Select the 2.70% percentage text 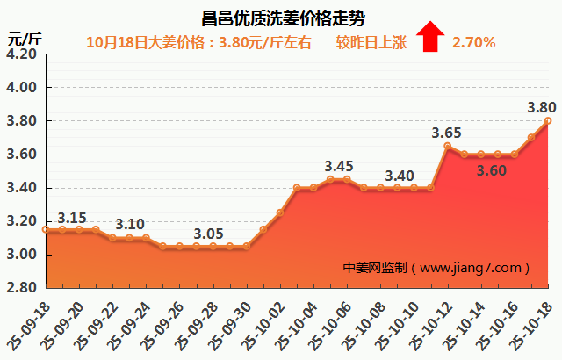(x=474, y=41)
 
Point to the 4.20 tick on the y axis (x=21, y=54)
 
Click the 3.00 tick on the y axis (x=21, y=255)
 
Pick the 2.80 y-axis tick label (x=21, y=288)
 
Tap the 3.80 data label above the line (x=541, y=107)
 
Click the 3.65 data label (x=446, y=133)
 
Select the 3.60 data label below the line (x=492, y=171)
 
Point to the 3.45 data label (x=339, y=166)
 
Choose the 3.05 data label (x=207, y=234)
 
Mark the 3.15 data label (x=72, y=218)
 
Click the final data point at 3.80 (x=548, y=120)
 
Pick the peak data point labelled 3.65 (x=448, y=146)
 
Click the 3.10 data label (x=130, y=224)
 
